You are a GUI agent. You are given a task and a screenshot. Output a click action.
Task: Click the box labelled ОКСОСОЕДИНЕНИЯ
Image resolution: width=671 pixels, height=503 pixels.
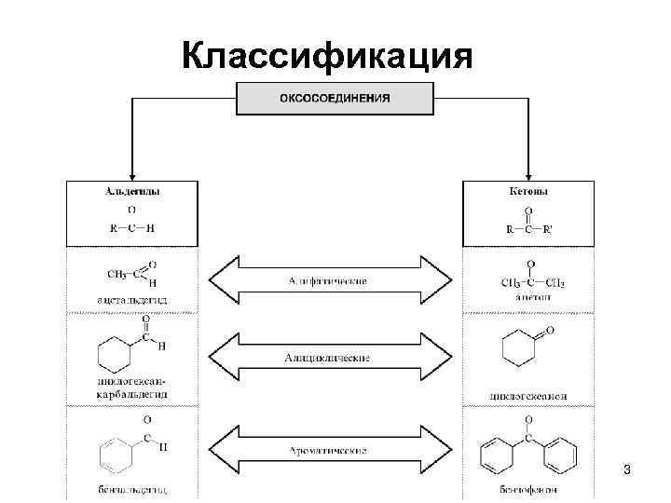pos(335,98)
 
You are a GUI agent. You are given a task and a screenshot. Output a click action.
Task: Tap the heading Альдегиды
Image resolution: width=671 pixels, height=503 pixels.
pos(130,192)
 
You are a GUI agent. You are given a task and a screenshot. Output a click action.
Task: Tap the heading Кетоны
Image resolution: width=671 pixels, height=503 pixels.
pos(528,192)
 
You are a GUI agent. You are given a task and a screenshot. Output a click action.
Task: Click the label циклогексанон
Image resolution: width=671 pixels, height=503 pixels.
pos(528,396)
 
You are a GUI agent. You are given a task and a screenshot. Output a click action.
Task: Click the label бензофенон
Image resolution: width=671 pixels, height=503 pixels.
pos(528,489)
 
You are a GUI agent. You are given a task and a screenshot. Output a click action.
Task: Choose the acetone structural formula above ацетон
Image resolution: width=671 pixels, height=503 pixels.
pos(528,279)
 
